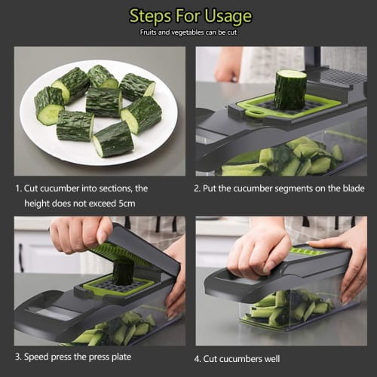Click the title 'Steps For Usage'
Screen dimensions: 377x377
coord(190,16)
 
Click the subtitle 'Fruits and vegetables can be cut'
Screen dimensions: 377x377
coord(188,32)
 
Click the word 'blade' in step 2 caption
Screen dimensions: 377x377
coord(348,188)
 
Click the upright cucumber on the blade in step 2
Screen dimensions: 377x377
coord(290,89)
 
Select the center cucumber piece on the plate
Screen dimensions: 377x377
coord(103,102)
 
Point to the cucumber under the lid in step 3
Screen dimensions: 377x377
coord(123,271)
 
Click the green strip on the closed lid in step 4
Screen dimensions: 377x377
coord(305,252)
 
